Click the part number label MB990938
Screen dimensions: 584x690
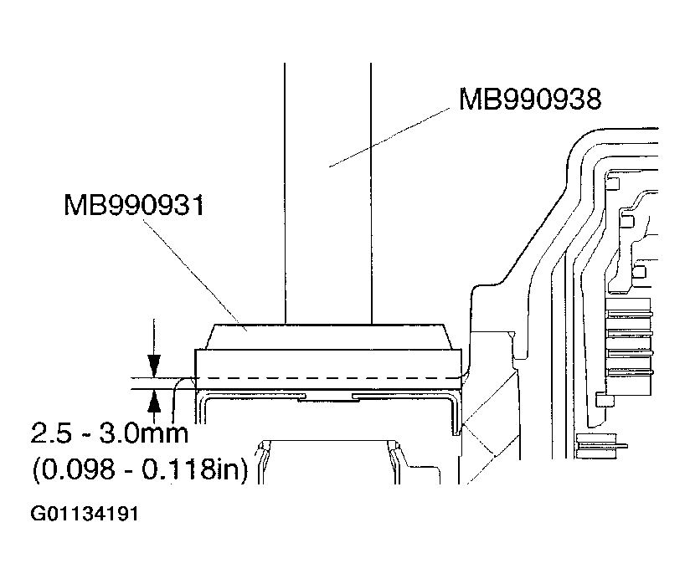pos(528,100)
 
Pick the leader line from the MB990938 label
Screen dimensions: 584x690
pos(394,137)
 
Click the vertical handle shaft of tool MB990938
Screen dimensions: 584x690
pos(327,192)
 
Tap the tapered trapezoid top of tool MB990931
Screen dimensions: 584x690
pos(327,337)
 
